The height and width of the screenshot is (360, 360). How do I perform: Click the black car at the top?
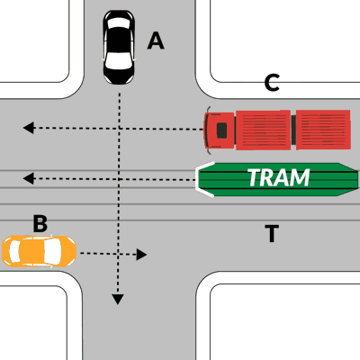pos(119,47)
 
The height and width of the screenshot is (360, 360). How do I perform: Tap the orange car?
pos(39,251)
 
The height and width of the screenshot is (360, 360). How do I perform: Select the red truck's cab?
pos(220,130)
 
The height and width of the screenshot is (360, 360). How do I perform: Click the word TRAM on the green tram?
pos(279,177)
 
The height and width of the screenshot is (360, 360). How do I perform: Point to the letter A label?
pos(156,40)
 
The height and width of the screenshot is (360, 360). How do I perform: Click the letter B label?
pos(40,223)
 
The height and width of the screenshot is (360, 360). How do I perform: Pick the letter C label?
pos(272,83)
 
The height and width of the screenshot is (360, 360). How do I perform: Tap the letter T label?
pos(272,233)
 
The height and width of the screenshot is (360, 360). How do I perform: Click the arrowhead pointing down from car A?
pos(118,300)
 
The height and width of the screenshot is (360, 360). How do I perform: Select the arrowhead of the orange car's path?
pos(141,255)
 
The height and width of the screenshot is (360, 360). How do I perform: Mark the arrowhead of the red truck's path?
pos(29,128)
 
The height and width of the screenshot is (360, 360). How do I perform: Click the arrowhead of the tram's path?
pos(29,179)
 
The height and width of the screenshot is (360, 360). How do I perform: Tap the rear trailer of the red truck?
pos(323,130)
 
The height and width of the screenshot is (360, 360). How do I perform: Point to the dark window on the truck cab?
pos(221,130)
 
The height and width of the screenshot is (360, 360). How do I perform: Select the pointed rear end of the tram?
pos(348,179)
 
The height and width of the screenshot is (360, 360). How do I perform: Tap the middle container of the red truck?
pos(263,130)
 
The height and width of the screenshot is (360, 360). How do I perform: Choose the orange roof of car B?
pos(31,251)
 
